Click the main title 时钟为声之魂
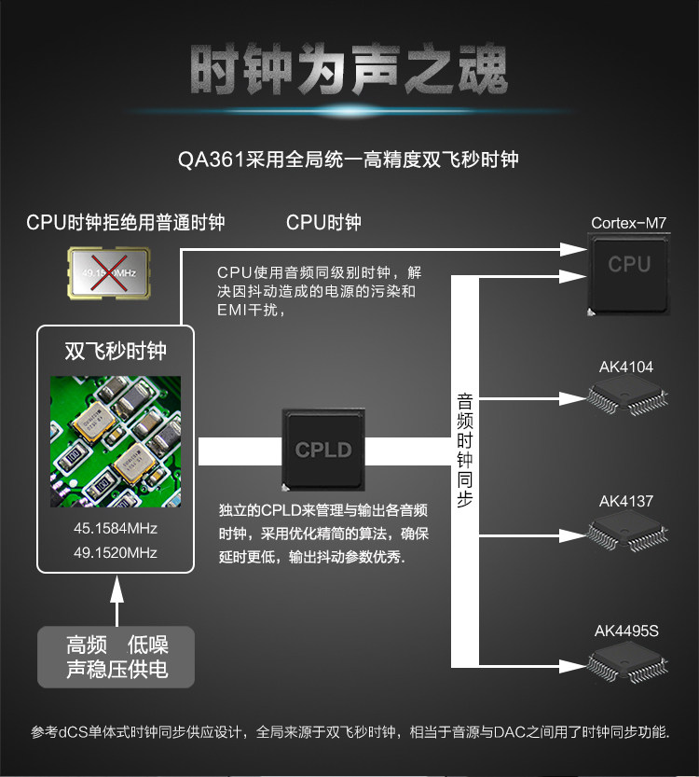pos(349,70)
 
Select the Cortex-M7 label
pos(629,223)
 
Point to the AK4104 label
pos(626,367)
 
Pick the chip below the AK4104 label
pos(625,400)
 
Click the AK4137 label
pos(626,501)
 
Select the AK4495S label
pos(626,631)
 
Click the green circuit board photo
pos(116,441)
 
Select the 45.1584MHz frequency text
pos(116,529)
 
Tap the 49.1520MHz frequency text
pos(116,552)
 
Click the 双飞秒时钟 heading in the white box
pos(116,351)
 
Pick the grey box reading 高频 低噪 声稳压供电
pos(116,657)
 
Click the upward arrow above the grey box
pos(116,601)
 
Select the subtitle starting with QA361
pos(349,160)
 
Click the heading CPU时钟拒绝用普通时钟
pos(125,222)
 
